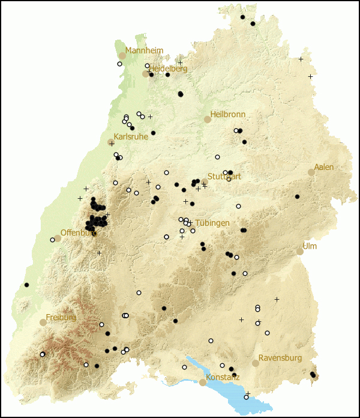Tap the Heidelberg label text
(169, 68)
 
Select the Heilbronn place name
(229, 114)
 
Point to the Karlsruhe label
(131, 136)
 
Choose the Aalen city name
(324, 167)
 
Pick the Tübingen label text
(212, 223)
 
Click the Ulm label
(310, 246)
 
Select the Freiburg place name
(61, 317)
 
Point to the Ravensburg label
(280, 358)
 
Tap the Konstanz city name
(224, 377)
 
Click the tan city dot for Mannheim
(122, 55)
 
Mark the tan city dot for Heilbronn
(208, 119)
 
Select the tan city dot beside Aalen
(311, 172)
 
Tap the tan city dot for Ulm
(300, 251)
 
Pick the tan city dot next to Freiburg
(43, 322)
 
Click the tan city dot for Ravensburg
(256, 363)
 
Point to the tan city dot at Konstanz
(203, 382)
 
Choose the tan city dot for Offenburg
(58, 238)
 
